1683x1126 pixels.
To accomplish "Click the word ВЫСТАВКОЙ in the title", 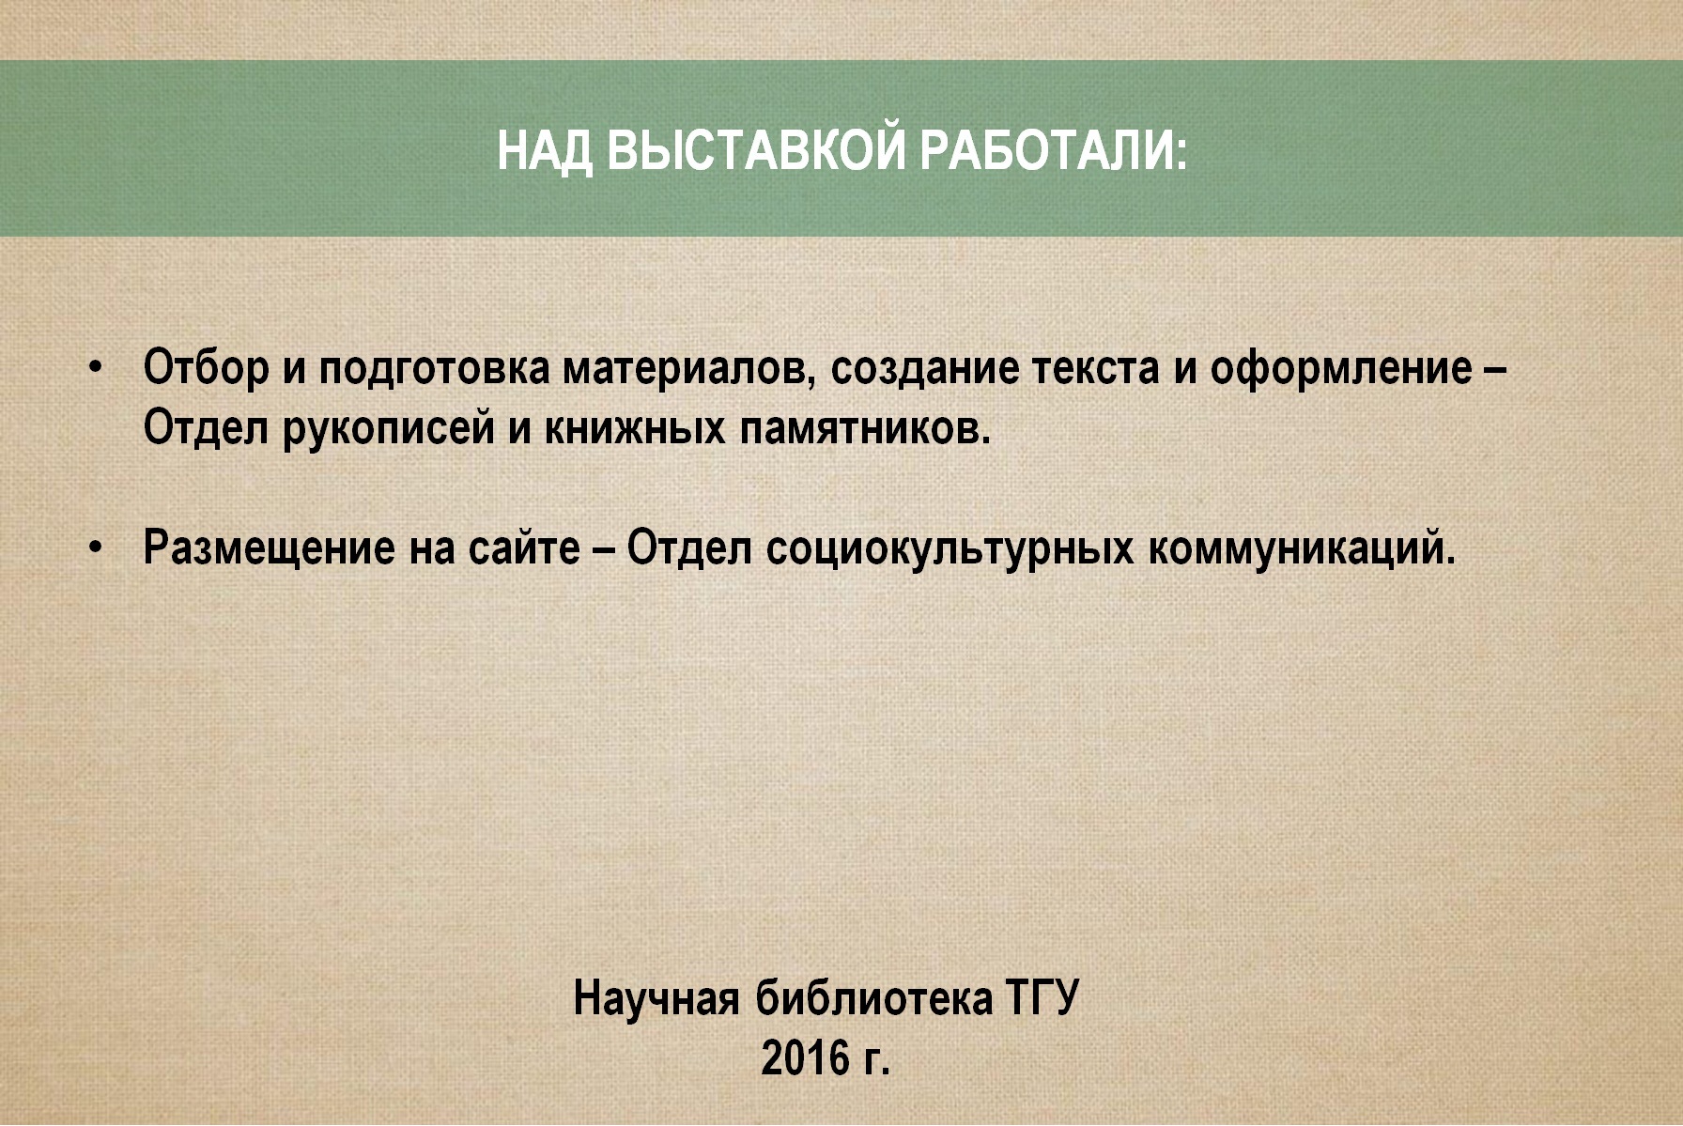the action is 755,150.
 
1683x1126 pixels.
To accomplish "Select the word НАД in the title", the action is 545,150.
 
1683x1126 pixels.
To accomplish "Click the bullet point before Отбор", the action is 94,367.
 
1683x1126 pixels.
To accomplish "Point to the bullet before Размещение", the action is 94,548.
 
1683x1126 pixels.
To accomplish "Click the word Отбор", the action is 206,367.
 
